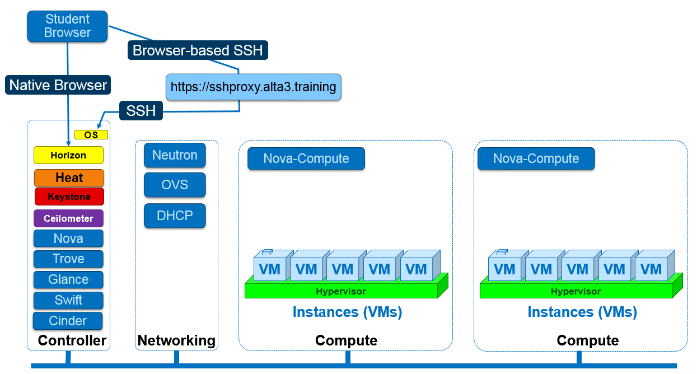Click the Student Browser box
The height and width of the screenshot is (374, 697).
(67, 26)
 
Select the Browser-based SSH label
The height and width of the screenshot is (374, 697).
(198, 50)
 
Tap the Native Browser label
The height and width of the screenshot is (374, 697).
(58, 85)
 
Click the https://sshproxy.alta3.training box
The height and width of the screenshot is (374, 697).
(253, 87)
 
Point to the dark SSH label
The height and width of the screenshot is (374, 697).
(141, 110)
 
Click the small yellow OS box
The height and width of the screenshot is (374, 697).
(91, 135)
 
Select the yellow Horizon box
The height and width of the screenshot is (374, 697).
(68, 155)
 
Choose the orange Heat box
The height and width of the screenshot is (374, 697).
(69, 177)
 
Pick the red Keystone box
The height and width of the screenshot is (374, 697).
(69, 197)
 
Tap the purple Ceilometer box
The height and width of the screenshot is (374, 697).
(68, 218)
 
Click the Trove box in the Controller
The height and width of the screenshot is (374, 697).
(68, 259)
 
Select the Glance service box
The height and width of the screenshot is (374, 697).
(68, 279)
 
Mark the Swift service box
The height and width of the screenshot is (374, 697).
(68, 300)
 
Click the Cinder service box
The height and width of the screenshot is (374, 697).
(68, 321)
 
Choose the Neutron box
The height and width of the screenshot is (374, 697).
(175, 155)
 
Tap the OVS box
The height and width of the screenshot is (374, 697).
(175, 185)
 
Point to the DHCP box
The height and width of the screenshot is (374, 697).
(175, 216)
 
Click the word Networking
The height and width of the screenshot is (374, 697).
(176, 340)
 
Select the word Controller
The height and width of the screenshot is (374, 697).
(72, 340)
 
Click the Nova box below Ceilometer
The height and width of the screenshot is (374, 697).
(68, 239)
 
